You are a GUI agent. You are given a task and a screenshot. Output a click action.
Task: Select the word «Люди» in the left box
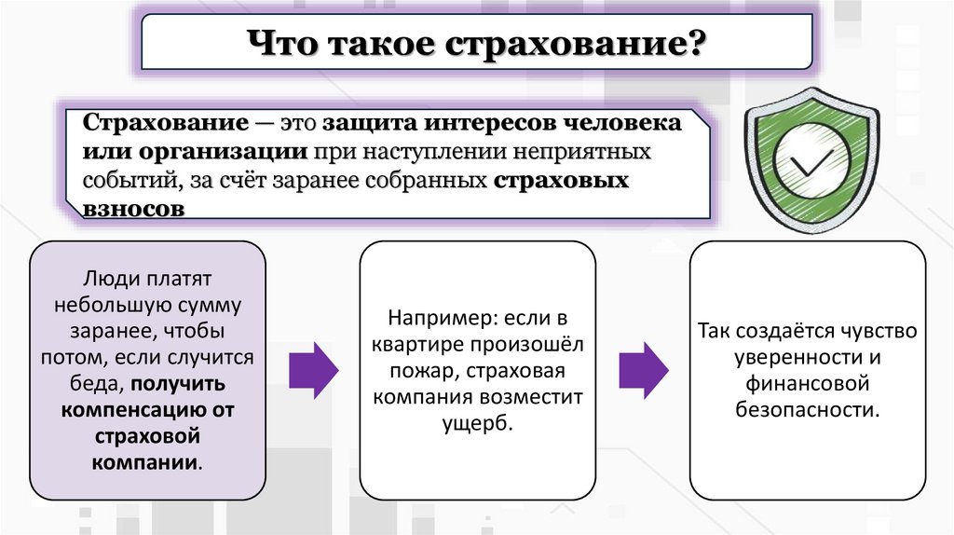(106, 279)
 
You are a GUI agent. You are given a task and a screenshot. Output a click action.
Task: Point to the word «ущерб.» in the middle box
(477, 422)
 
